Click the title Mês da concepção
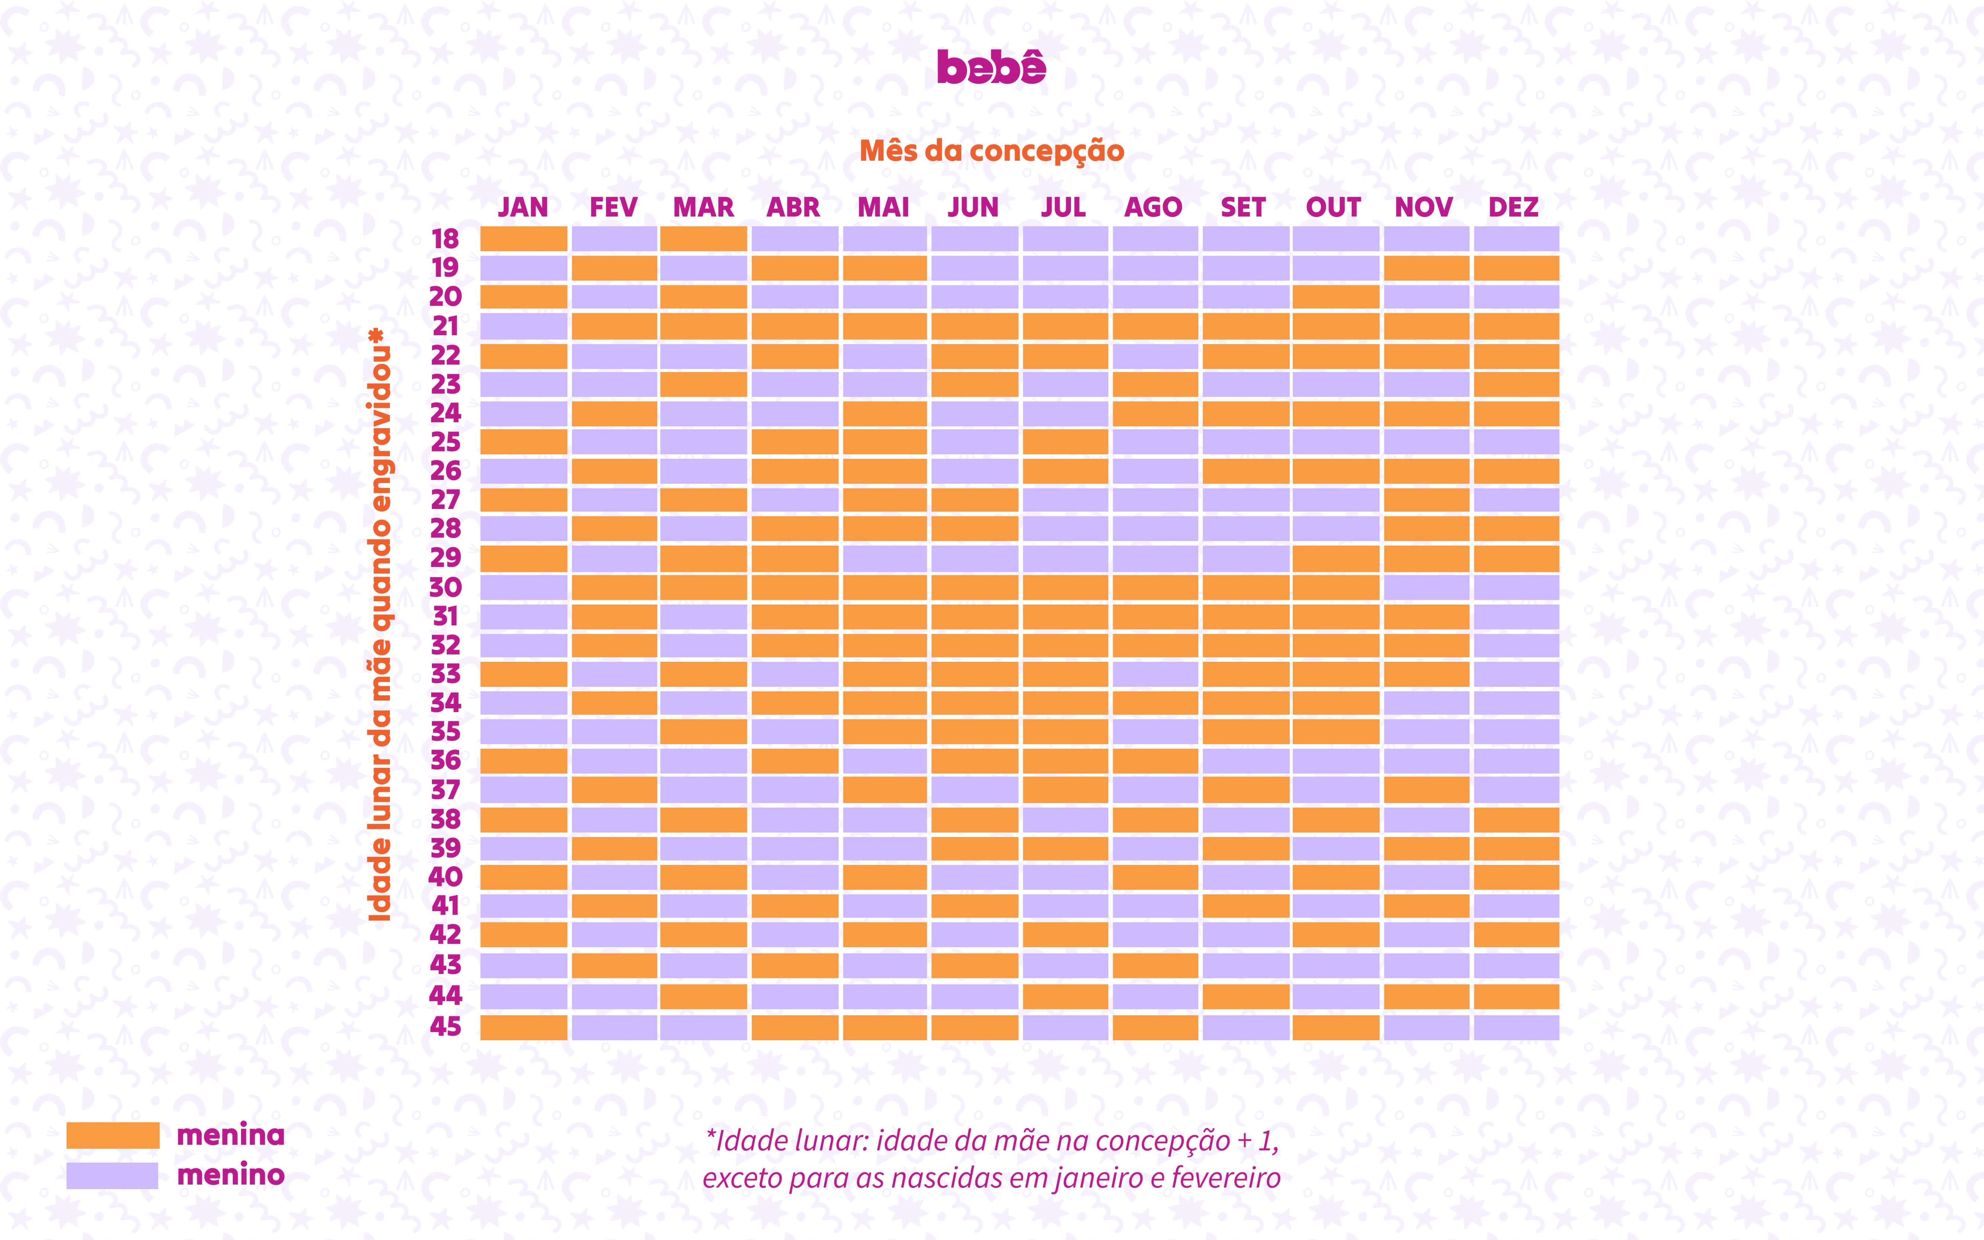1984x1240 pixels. (x=991, y=151)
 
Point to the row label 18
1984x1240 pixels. (x=445, y=238)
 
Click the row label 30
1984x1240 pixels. (x=445, y=587)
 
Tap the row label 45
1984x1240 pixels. (x=445, y=1026)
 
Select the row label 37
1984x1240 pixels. (x=445, y=790)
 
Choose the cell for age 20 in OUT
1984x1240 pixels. (x=1336, y=297)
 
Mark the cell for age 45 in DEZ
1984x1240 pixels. (x=1516, y=1027)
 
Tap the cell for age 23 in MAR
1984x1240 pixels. (x=703, y=384)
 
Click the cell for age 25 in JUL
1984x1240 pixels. (x=1065, y=442)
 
